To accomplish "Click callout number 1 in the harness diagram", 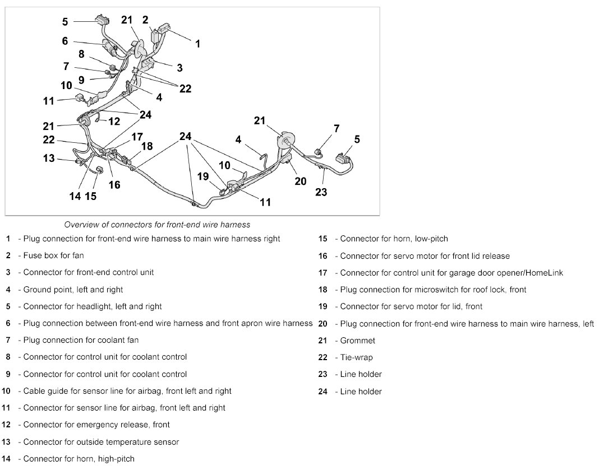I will click(197, 43).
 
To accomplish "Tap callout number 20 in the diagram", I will click(300, 181).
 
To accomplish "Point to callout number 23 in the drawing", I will click(321, 192).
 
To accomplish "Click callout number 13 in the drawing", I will click(49, 159).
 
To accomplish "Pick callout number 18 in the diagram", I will click(147, 147).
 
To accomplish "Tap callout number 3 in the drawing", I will click(179, 68).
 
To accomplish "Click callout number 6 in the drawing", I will click(64, 41).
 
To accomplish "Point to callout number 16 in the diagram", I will click(114, 184).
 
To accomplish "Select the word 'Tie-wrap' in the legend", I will click(357, 357).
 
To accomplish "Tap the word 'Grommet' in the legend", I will click(358, 341).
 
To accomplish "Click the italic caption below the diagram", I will click(157, 225).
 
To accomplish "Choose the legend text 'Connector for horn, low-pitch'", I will click(394, 239).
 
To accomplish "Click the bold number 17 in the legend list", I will click(322, 273).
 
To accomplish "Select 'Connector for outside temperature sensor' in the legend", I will click(101, 442).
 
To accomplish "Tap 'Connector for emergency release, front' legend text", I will click(96, 425).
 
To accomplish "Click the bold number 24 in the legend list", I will click(322, 392).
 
